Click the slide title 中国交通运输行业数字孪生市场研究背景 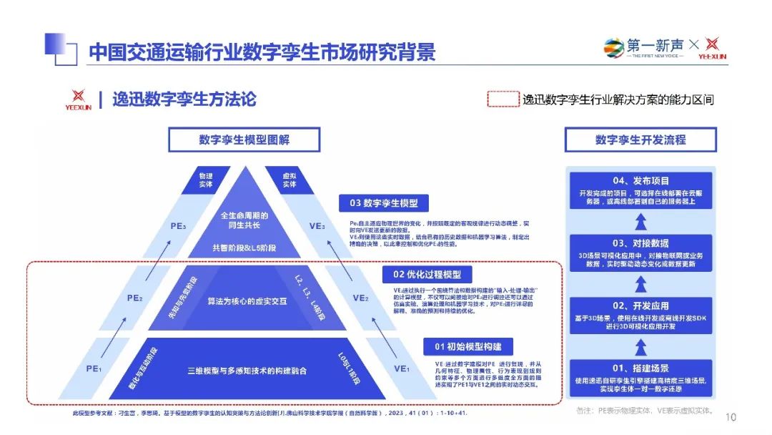point(262,52)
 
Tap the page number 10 point(731,417)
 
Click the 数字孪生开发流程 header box point(640,140)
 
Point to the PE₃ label point(178,226)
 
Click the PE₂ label point(135,298)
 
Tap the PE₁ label point(94,368)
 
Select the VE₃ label point(317,226)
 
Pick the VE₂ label point(360,298)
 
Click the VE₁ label point(402,368)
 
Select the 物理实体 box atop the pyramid point(205,180)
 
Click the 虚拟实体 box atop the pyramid point(289,180)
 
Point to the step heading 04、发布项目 point(640,181)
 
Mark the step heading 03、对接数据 point(640,243)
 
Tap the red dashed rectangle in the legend point(503,99)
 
